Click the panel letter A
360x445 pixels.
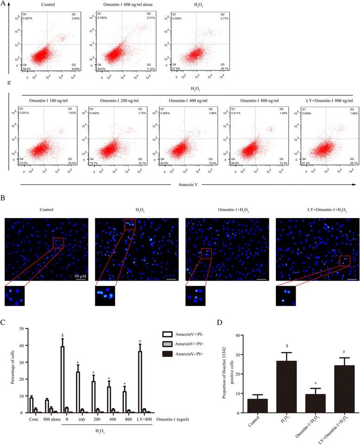(4, 4)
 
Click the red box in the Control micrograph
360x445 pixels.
(57, 243)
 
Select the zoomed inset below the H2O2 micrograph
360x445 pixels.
(105, 296)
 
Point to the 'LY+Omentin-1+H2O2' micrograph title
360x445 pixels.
(317, 209)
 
